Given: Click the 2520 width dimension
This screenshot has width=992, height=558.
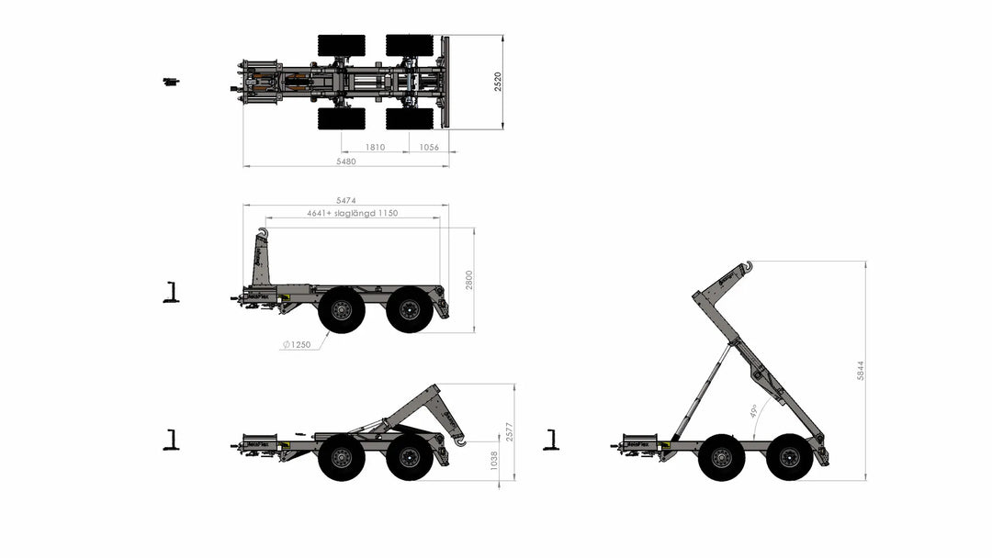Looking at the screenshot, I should coord(498,82).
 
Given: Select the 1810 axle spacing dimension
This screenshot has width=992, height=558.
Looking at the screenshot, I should coord(375,147).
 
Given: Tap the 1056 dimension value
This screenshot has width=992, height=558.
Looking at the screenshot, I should coord(430,147).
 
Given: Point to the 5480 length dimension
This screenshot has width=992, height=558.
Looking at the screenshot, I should coord(346,161).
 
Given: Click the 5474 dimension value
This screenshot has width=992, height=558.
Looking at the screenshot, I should coord(346,200).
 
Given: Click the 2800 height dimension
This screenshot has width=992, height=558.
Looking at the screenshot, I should coord(469,280).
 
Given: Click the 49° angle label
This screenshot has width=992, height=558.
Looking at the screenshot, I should coord(753,410).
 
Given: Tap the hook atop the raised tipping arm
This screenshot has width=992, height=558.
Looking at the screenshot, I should coord(747,267).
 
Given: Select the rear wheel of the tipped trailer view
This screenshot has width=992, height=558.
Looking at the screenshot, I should coord(789,457).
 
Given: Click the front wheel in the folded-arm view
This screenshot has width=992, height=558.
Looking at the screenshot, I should coord(342,457).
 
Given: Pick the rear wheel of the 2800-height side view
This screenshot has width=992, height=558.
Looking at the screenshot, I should coord(410,309).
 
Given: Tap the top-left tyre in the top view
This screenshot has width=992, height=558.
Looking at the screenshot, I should coord(342,45).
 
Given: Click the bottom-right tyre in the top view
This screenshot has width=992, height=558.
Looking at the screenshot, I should coord(410,118).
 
